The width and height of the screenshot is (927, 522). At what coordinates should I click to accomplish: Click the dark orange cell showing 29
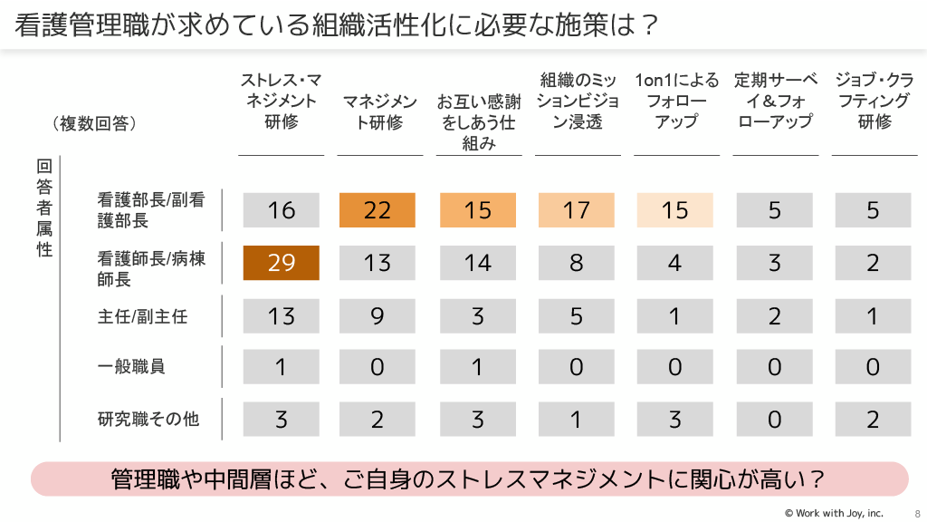pos(282,263)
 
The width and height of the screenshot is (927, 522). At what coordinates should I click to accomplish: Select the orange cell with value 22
pos(377,210)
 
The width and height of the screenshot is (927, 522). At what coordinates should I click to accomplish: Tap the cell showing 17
pos(576,210)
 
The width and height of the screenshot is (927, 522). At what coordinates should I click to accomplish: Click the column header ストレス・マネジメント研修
pos(282,101)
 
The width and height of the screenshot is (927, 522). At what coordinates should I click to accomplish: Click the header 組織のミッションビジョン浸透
pos(578,101)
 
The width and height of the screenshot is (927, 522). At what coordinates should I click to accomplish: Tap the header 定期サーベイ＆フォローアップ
pos(776,101)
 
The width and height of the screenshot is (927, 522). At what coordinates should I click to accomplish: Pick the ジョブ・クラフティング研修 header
pos(874,101)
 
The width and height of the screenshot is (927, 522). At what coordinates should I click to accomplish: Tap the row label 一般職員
pos(131,367)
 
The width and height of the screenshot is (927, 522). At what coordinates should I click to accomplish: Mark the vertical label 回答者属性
pos(44,208)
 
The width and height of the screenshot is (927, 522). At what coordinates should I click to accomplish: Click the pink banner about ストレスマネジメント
pos(470,479)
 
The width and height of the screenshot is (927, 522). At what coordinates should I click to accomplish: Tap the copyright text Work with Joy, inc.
pos(833,513)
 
